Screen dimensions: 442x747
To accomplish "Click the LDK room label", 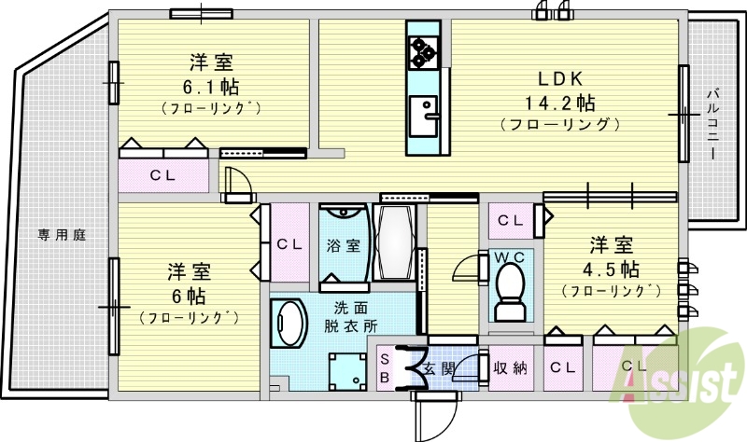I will pos(559,80).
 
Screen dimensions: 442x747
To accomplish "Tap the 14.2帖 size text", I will pos(559,102).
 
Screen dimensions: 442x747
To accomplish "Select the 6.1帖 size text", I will pos(210,87).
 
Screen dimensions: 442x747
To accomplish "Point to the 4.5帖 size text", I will pos(612,269).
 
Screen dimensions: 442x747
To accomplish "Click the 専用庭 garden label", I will pos(62,235).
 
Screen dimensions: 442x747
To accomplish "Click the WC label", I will pos(509,256).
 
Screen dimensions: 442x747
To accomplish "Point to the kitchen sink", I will pos(421,116).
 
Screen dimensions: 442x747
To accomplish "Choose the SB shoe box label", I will pos(385,367).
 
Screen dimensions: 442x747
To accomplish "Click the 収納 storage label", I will pos(510,367).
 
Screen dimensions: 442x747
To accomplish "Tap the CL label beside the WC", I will pos(509,220).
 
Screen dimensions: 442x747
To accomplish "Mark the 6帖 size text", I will pos(188,296).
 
